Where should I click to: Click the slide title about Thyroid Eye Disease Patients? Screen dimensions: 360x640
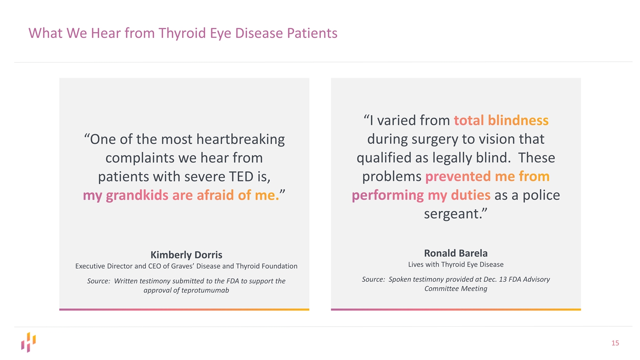click(182, 33)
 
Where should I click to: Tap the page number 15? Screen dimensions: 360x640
click(615, 343)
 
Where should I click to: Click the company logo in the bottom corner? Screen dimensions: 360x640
click(29, 342)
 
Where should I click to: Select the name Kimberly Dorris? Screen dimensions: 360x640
click(186, 255)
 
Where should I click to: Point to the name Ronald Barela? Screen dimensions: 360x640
click(455, 253)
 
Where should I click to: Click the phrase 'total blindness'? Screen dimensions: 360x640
click(501, 120)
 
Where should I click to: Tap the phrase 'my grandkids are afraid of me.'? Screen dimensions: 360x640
click(181, 195)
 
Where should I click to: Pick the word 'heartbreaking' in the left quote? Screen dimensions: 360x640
click(240, 139)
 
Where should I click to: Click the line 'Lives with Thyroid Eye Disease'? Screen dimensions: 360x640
click(455, 265)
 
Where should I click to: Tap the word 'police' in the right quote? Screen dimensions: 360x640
click(541, 195)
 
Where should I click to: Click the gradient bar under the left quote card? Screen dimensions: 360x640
click(184, 310)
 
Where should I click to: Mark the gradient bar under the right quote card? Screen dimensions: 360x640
click(455, 310)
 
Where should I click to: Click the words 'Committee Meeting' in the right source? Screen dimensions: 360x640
click(455, 289)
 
